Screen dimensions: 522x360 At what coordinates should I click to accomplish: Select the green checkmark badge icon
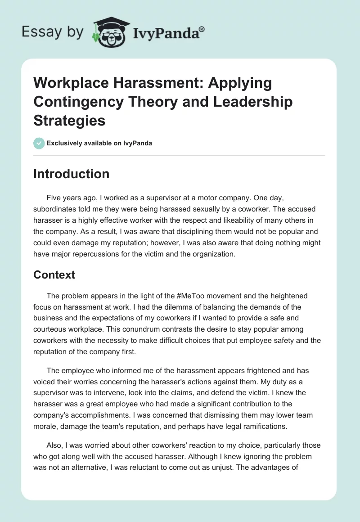point(39,143)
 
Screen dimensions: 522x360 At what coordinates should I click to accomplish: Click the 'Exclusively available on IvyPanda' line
point(99,143)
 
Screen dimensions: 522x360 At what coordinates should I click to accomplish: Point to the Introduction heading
point(71,174)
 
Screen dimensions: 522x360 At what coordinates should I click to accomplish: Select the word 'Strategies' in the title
point(69,120)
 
